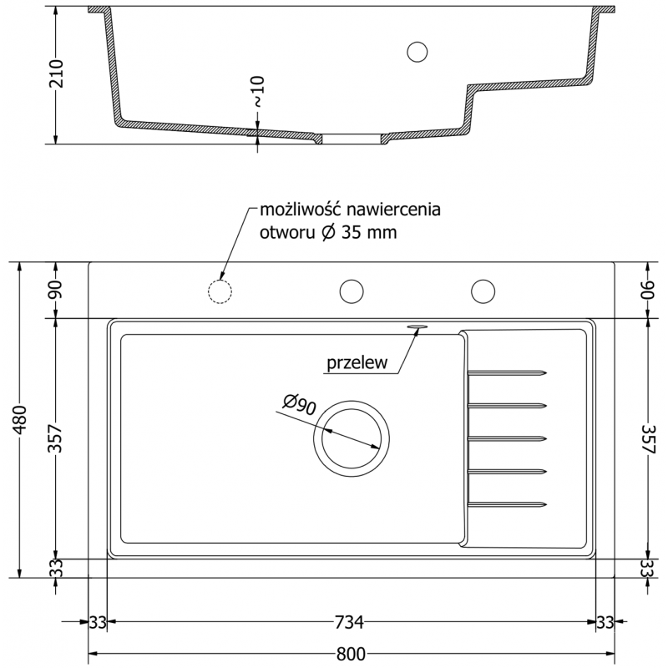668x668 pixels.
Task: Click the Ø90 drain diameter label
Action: point(298,404)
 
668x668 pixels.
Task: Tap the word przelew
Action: point(355,363)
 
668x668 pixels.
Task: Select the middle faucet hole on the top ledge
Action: point(352,291)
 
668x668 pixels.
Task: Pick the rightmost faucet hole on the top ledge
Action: point(483,291)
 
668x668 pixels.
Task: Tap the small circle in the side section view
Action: point(416,52)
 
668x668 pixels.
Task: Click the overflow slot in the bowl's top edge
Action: point(417,326)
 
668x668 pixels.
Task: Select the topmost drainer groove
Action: point(507,372)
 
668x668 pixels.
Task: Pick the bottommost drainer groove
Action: point(507,504)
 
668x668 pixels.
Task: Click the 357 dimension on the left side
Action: point(56,438)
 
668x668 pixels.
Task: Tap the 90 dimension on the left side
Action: point(56,291)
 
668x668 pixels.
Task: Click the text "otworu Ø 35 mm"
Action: point(327,234)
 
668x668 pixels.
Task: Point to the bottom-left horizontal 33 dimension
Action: point(98,623)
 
